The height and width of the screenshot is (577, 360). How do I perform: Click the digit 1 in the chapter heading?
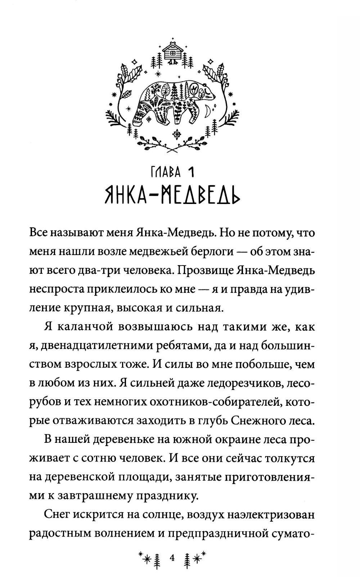pyautogui.click(x=191, y=173)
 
